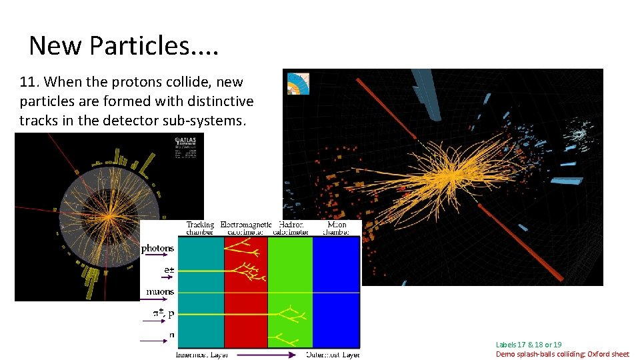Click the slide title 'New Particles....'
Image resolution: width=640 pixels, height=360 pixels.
click(124, 45)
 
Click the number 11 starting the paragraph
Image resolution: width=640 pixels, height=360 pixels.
click(27, 83)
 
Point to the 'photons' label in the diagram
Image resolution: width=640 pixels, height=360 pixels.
click(157, 248)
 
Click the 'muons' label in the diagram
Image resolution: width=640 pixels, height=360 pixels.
click(160, 291)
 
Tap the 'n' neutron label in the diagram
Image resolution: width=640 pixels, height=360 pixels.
click(172, 335)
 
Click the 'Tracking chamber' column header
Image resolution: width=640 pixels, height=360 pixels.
click(201, 229)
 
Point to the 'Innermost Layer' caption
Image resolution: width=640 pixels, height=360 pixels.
click(201, 354)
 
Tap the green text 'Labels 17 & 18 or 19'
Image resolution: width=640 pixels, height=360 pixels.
click(529, 345)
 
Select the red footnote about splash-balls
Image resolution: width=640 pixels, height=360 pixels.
click(562, 354)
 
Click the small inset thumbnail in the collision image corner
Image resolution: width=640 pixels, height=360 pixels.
click(297, 83)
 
